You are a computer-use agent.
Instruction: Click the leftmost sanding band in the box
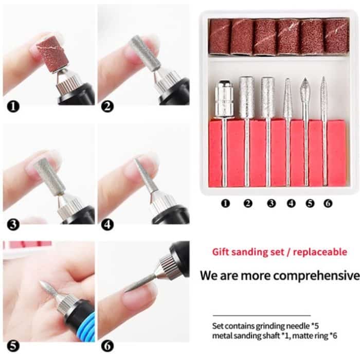pos(220,37)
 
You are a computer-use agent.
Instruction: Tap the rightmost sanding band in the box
pos(336,37)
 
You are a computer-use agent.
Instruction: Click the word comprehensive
pos(316,275)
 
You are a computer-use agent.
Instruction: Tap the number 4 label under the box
pos(291,203)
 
